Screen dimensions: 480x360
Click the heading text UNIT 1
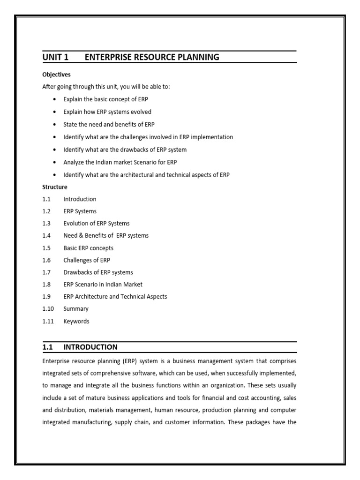click(55, 57)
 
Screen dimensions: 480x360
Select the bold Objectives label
click(56, 75)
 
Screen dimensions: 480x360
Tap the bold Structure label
click(55, 187)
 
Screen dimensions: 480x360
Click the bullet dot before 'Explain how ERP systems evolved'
click(55, 112)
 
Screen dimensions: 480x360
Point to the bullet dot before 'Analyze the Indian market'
click(55, 162)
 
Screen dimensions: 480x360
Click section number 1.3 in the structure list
click(46, 223)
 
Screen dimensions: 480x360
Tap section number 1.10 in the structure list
click(48, 309)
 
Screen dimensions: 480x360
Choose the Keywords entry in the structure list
click(76, 322)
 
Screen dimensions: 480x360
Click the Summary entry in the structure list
click(76, 309)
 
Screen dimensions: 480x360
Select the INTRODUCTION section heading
click(90, 347)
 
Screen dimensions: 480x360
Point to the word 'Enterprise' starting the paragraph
click(55, 361)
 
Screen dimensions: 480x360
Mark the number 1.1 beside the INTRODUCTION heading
click(47, 347)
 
